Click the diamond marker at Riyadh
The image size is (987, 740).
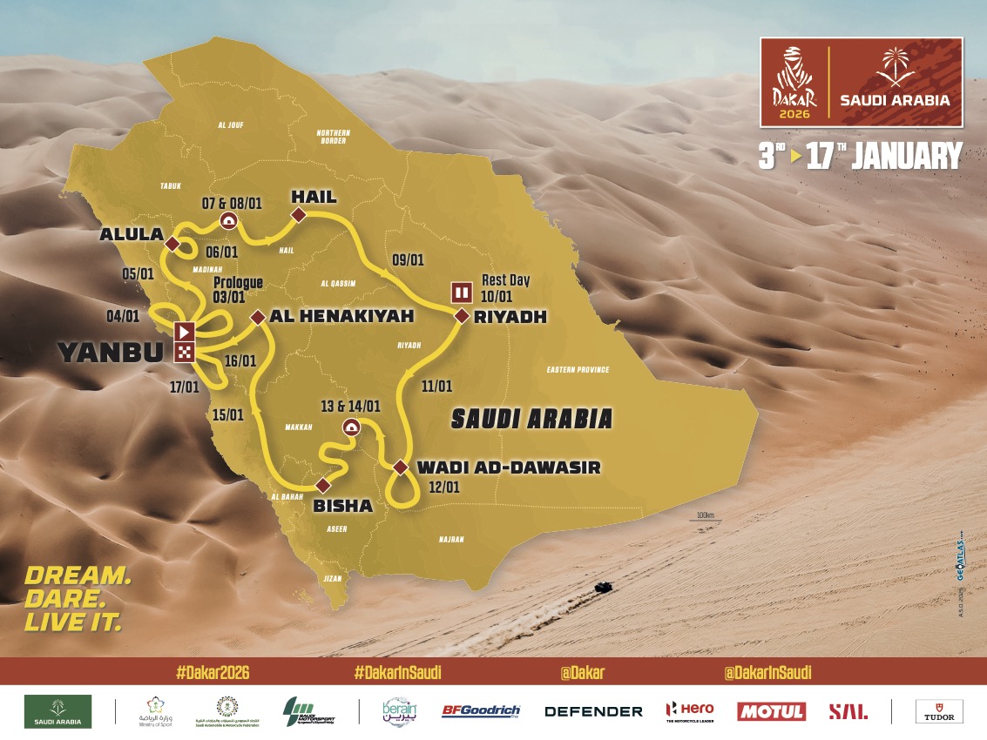(462, 316)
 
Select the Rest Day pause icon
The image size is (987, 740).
(460, 292)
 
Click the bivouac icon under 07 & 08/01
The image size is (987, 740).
(229, 220)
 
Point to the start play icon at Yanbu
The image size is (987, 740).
(185, 331)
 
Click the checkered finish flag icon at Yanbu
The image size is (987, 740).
(185, 352)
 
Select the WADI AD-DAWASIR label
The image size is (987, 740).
(509, 468)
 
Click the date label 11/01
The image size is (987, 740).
(436, 384)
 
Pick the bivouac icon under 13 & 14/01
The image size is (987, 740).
(351, 426)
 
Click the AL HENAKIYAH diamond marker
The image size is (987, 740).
(258, 318)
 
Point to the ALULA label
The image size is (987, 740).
(132, 234)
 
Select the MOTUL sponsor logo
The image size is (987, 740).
(771, 711)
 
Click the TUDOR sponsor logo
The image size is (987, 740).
(938, 711)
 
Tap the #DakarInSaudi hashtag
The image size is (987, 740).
(392, 672)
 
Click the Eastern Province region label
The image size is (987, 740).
(578, 370)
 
